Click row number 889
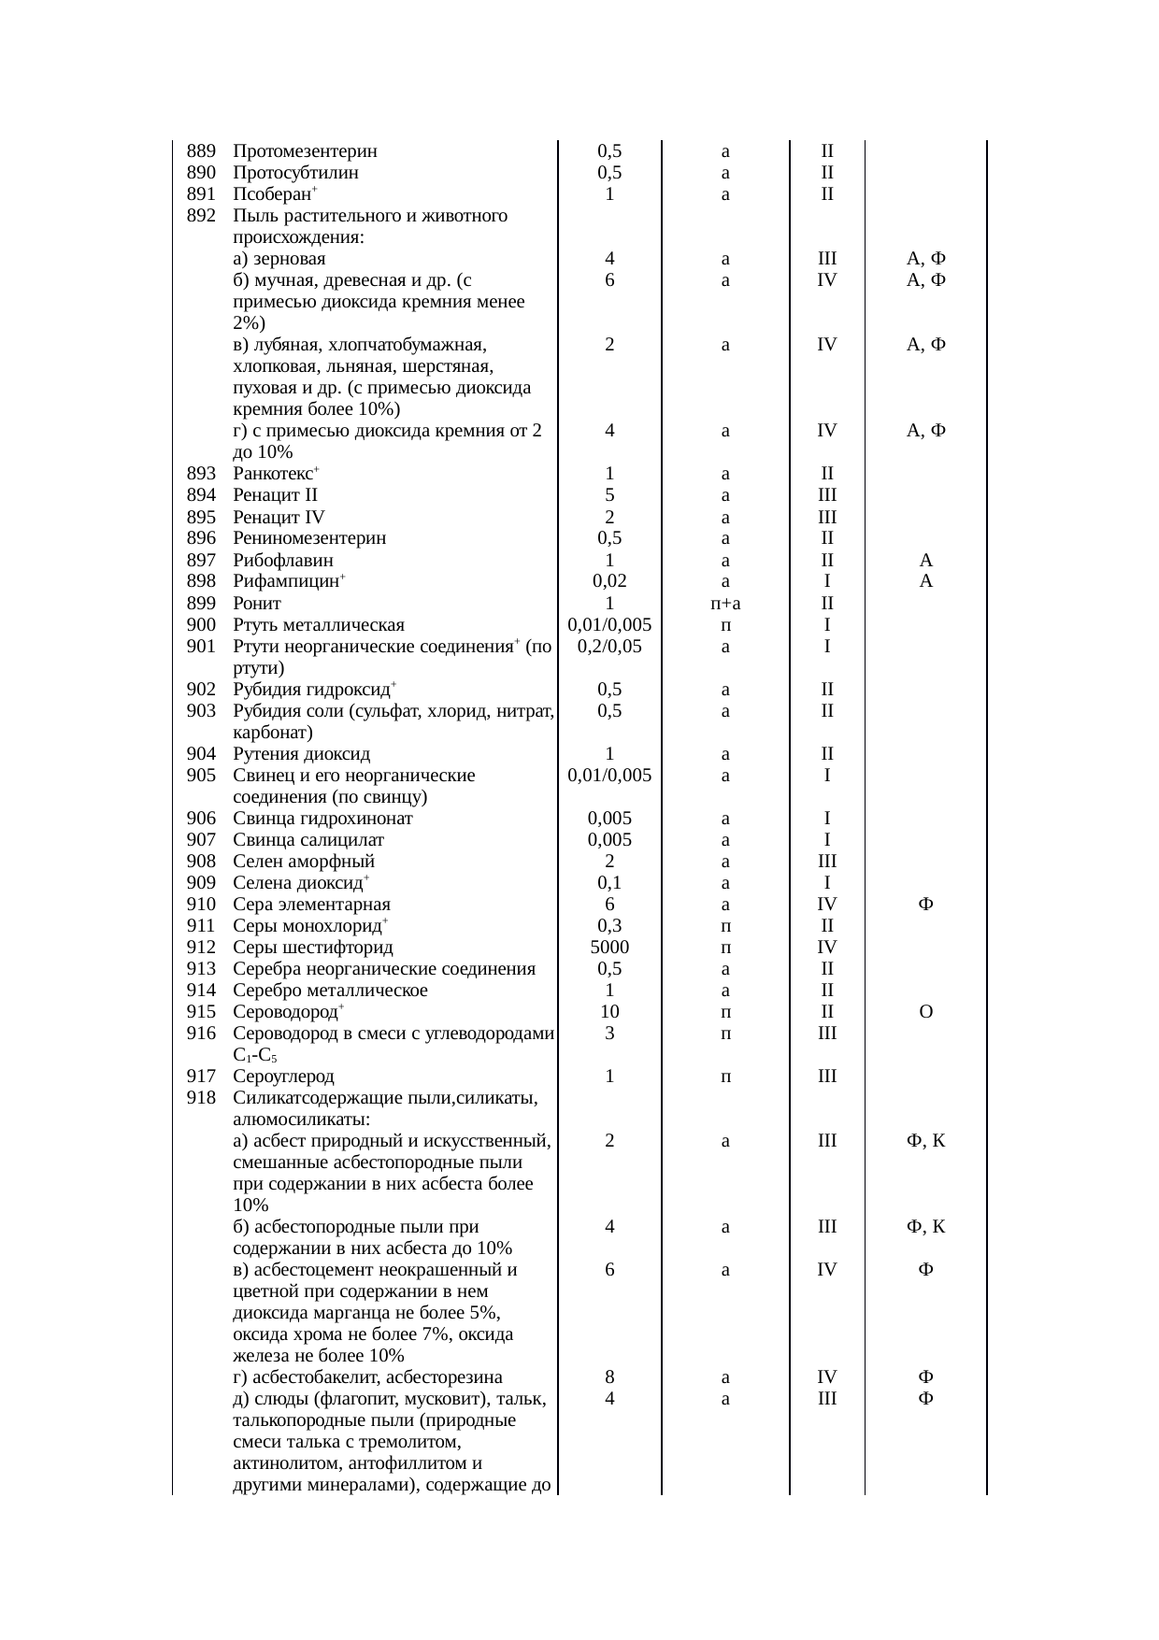pos(201,151)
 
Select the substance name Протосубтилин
pos(295,173)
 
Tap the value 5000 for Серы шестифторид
pos(609,948)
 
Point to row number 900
pos(201,625)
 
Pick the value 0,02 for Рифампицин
pos(609,581)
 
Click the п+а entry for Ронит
pos(725,604)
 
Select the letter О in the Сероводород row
pos(925,1012)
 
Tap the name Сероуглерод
pos(283,1077)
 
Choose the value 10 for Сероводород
pos(609,1012)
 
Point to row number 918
pos(201,1098)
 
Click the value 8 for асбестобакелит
pos(609,1377)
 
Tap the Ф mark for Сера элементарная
pos(925,905)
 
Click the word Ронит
pos(257,604)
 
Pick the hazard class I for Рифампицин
pos(827,581)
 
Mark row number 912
pos(201,948)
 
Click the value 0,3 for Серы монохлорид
pos(609,926)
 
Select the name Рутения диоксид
pos(301,754)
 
